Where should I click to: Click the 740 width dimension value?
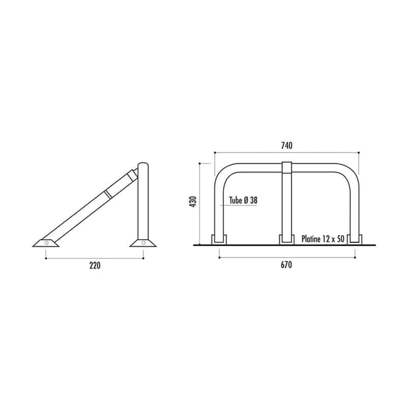286,146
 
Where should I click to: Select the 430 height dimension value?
193,201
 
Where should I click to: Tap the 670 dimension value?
286,265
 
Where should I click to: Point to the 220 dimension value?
95,266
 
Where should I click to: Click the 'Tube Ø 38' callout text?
243,200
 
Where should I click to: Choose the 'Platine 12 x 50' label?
323,239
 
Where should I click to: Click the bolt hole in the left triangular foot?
46,243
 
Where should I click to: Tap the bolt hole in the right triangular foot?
143,243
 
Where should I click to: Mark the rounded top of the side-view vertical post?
143,164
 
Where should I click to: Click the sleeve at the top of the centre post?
286,168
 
